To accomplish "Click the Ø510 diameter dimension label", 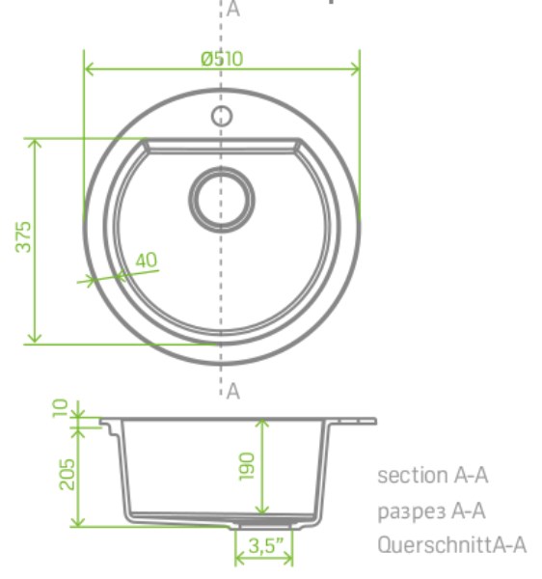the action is (x=222, y=58).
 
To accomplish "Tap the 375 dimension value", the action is (x=23, y=236).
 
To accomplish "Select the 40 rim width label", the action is (x=147, y=260).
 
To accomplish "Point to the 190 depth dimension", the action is (x=247, y=466).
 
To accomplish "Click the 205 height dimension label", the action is (x=67, y=474).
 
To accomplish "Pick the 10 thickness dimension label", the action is (x=60, y=408).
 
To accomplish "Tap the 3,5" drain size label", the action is (x=267, y=545).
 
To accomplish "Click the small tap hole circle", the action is (x=222, y=116).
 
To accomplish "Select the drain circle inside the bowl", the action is (x=222, y=200).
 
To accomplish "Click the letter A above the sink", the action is (x=233, y=10).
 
